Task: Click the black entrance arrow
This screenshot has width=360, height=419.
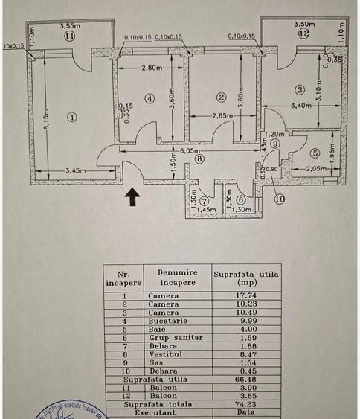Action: [x=132, y=196]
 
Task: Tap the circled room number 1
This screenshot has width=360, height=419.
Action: [x=71, y=116]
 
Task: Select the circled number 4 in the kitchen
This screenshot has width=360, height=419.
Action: [x=150, y=97]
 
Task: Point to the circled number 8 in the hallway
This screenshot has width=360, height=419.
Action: [x=199, y=158]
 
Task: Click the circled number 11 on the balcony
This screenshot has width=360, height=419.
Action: [x=70, y=35]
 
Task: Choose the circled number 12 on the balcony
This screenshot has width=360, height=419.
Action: [x=303, y=33]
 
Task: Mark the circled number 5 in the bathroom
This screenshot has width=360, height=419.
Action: [x=314, y=153]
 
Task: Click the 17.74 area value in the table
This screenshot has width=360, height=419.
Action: [x=245, y=295]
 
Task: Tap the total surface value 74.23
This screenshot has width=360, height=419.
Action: [x=245, y=403]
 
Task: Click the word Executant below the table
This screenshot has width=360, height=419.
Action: [x=155, y=412]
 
